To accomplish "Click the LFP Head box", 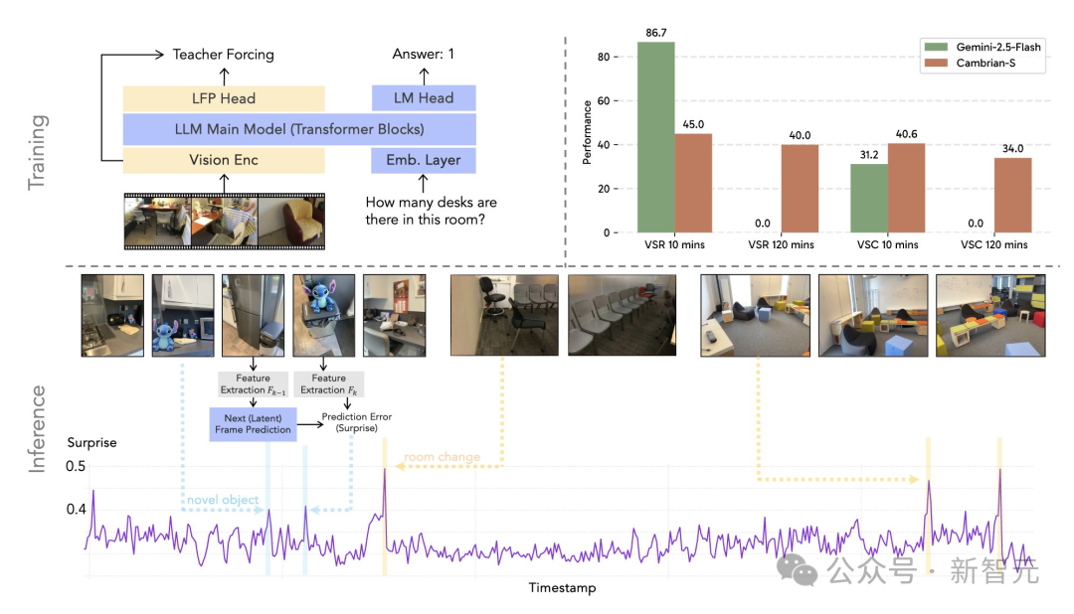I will click(x=224, y=97).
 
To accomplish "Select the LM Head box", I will click(x=423, y=97).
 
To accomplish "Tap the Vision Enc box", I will click(x=224, y=160).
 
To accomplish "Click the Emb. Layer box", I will click(x=423, y=160).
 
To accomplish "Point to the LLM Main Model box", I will click(x=299, y=129).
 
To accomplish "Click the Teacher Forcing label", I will click(x=223, y=55).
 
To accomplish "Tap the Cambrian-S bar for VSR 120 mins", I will click(x=801, y=189).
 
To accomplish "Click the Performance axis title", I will click(x=589, y=131).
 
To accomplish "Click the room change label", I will click(x=442, y=457).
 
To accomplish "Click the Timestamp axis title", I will click(x=562, y=588).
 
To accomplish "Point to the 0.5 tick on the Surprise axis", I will click(x=76, y=467).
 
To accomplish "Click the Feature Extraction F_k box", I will click(x=329, y=384).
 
